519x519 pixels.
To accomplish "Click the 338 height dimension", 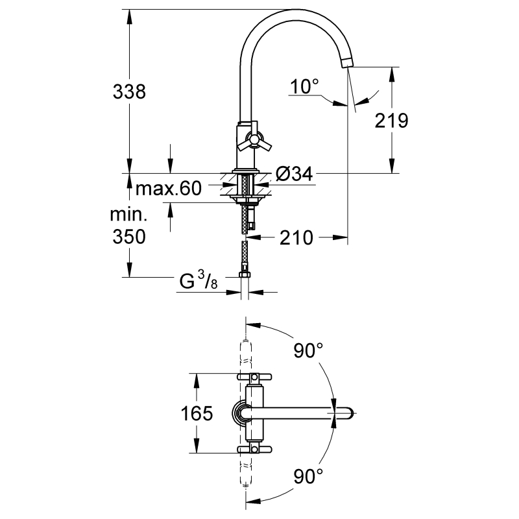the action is [129, 91].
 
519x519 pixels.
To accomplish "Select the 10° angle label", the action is [304, 86].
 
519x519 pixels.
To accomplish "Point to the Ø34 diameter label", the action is [295, 173].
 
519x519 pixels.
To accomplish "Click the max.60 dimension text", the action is [169, 188].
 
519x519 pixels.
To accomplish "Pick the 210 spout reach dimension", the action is [296, 237].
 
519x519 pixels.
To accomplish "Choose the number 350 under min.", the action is [129, 237].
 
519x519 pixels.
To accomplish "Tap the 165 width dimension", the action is [197, 413].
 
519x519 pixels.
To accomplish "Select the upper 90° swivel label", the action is [308, 350].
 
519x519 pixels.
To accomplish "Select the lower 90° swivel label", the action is [308, 476].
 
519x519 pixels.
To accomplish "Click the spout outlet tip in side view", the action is [347, 62].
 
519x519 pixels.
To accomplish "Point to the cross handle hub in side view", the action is [254, 139].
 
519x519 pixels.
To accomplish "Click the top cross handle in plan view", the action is [254, 377].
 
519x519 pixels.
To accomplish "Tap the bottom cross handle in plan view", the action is [254, 449].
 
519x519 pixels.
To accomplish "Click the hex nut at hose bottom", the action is [245, 274].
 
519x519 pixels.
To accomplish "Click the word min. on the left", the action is [128, 215].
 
